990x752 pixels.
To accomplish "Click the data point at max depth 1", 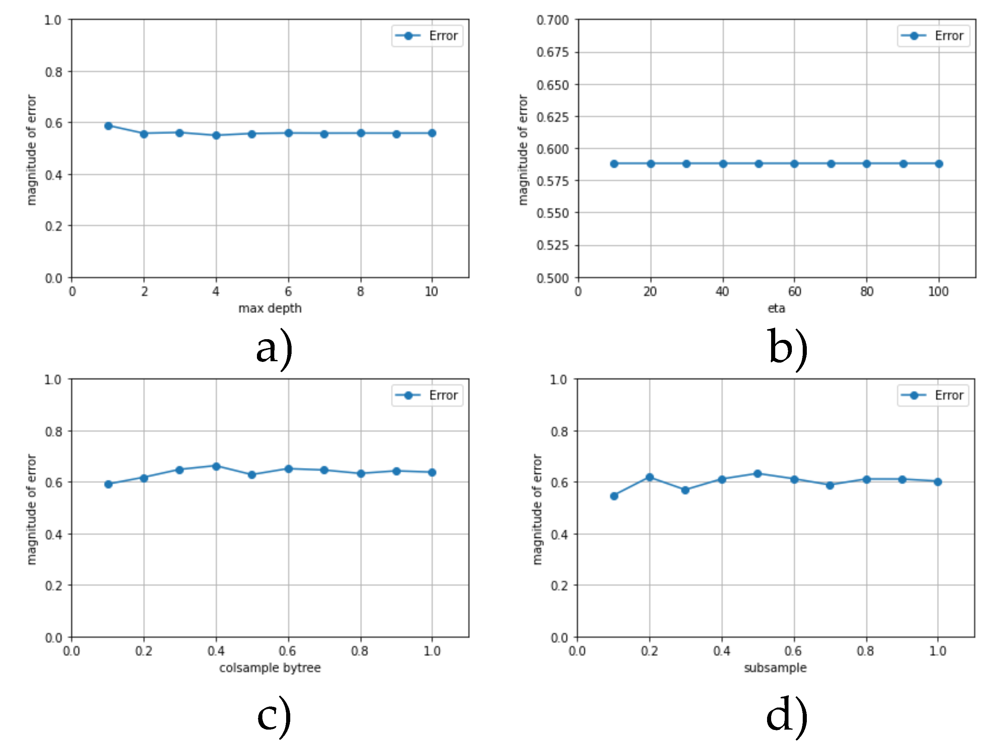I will click(x=108, y=126).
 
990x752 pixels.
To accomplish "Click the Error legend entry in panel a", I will click(x=427, y=36).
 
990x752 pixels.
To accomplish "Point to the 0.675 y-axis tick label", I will click(x=552, y=52).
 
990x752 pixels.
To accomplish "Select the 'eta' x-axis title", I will click(x=776, y=308).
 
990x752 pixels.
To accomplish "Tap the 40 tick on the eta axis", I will click(x=722, y=292).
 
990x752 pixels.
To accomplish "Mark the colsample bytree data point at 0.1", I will click(x=108, y=484).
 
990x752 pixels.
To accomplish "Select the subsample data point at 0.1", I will click(x=614, y=496).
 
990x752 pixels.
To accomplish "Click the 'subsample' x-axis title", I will click(x=776, y=668).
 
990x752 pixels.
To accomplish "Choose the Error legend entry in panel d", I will click(x=933, y=395).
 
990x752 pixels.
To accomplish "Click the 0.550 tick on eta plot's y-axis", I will click(x=552, y=213).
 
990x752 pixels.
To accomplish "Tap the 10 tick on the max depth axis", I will click(x=431, y=292).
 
